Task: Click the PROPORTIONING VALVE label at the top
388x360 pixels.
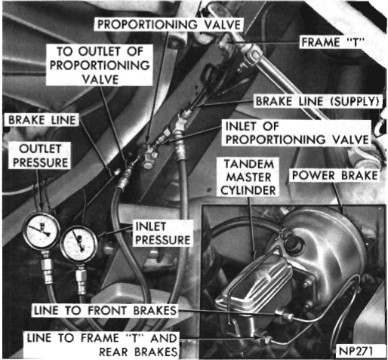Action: (x=169, y=25)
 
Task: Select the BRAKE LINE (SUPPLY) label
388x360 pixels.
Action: (x=317, y=101)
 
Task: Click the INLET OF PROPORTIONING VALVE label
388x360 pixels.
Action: (x=297, y=133)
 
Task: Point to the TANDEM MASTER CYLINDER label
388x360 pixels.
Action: (x=248, y=177)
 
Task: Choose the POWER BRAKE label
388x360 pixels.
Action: (x=335, y=175)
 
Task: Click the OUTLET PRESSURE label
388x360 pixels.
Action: (x=40, y=155)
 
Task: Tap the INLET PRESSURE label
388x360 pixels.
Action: (x=163, y=233)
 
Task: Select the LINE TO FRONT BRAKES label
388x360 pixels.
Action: (x=105, y=310)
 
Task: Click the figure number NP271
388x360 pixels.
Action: (x=356, y=351)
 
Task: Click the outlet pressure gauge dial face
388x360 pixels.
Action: (x=42, y=231)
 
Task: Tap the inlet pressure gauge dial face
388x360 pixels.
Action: (x=79, y=245)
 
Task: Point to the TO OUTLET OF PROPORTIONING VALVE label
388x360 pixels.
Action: (x=100, y=65)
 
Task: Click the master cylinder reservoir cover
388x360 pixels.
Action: (x=255, y=282)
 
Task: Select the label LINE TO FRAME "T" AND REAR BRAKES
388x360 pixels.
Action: (x=102, y=345)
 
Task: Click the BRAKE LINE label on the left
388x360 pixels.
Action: (x=42, y=120)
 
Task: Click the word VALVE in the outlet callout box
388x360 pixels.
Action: (x=100, y=79)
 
